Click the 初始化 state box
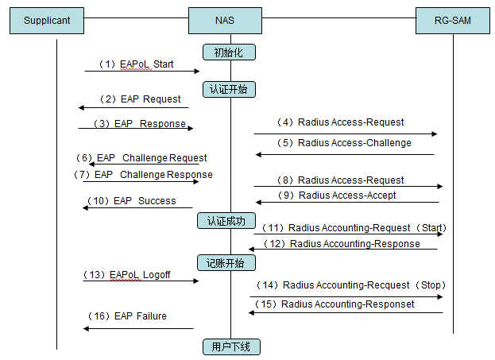[230, 52]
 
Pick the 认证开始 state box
[229, 89]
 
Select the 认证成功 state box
[226, 220]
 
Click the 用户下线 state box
[230, 346]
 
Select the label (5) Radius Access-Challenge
[343, 143]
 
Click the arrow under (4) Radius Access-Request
[346, 134]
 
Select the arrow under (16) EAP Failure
[138, 328]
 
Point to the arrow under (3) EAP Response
[135, 128]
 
